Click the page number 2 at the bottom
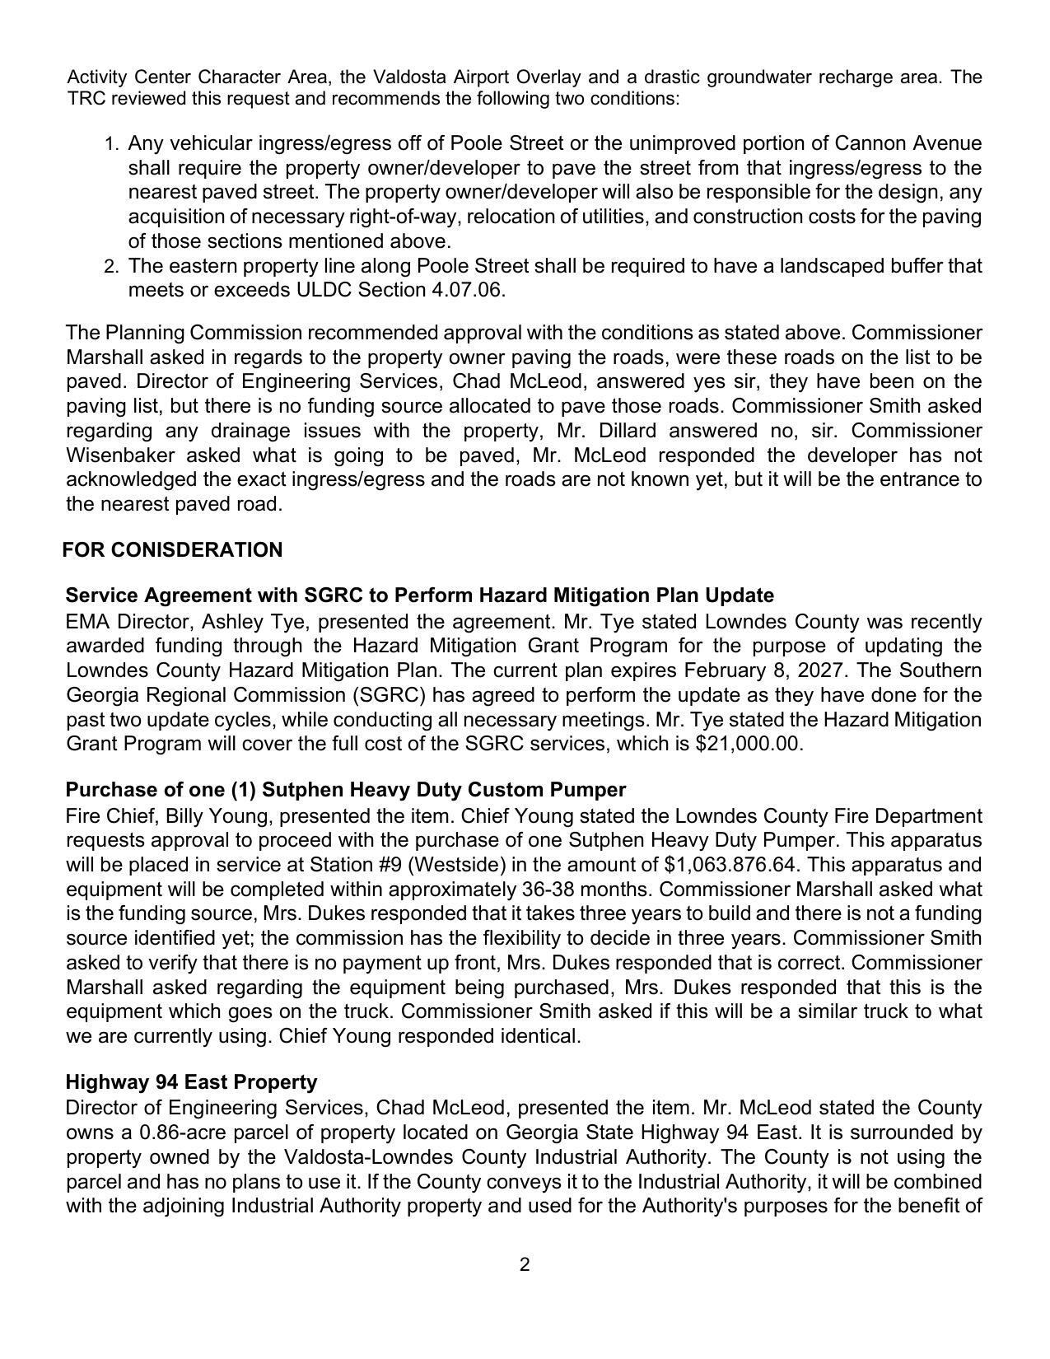[x=525, y=1264]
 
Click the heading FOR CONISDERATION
[x=172, y=550]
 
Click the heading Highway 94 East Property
[x=191, y=1081]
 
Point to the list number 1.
[x=112, y=145]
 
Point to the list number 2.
[x=112, y=267]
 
